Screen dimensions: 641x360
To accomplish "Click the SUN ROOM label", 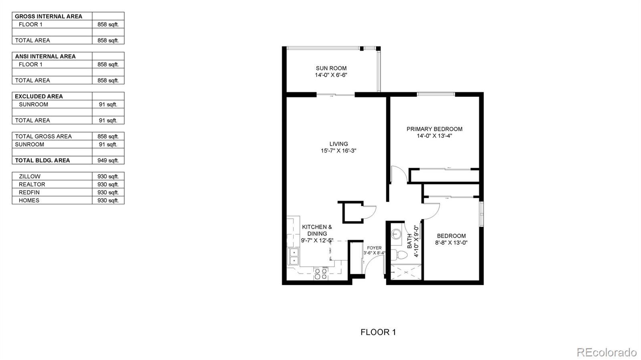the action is [331, 68].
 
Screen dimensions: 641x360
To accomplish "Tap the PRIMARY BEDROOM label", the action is [434, 129].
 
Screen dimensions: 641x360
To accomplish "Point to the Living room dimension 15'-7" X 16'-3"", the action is [338, 151].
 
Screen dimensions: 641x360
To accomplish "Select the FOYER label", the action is [374, 248].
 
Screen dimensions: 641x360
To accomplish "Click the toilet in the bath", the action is [399, 255].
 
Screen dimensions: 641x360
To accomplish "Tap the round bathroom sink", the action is [396, 234].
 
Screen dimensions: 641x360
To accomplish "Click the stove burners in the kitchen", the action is [320, 274].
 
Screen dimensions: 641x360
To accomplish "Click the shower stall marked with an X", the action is [406, 272].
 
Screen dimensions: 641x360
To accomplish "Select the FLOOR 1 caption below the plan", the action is [378, 332].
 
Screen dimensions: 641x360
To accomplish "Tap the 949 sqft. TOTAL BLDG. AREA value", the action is [108, 161].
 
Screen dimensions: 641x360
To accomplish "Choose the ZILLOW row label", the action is [30, 177].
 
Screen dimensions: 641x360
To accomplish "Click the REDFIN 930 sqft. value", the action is [108, 193].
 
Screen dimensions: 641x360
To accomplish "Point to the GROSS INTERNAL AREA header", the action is [48, 16].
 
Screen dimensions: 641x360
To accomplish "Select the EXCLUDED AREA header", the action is [38, 97].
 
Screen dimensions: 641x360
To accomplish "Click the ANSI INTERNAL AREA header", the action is [45, 56].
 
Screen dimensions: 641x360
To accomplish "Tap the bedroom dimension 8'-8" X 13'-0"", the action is [451, 243].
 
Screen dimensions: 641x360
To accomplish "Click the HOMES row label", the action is [29, 201].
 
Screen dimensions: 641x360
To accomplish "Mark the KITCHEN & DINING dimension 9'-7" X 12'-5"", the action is [317, 241].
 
